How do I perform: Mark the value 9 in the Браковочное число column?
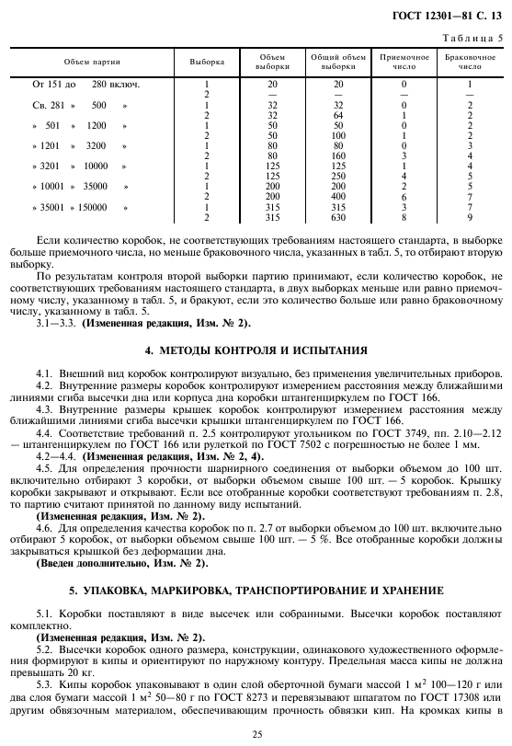click(469, 218)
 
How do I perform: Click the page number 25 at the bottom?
click(256, 734)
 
